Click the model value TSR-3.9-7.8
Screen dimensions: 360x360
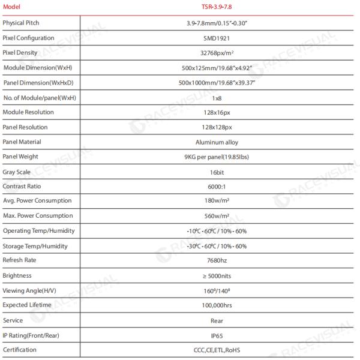click(x=217, y=8)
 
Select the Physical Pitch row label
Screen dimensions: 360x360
click(x=21, y=22)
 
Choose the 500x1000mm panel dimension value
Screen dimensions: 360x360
click(x=217, y=82)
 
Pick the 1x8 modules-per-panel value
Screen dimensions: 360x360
click(x=217, y=97)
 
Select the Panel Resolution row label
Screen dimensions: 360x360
click(x=25, y=127)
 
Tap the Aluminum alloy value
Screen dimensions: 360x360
click(x=217, y=142)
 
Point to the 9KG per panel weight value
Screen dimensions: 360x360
click(x=217, y=157)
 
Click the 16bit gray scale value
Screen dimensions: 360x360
click(x=217, y=172)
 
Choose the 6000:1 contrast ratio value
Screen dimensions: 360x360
click(x=217, y=187)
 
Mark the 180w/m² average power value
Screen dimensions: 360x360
click(x=217, y=201)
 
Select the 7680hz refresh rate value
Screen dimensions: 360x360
click(x=217, y=261)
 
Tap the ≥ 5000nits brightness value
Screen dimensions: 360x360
click(x=217, y=276)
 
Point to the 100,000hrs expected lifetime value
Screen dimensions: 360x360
click(x=217, y=306)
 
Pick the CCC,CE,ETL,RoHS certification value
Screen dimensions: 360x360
click(x=217, y=350)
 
